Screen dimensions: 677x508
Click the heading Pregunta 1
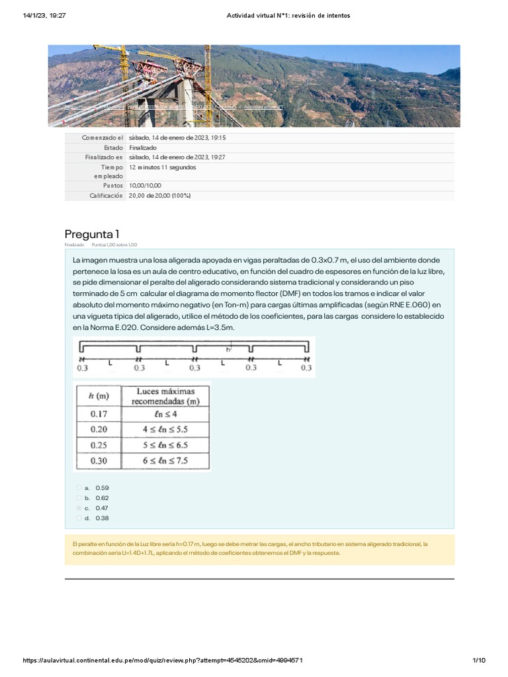click(91, 234)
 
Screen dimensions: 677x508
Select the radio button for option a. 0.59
click(79, 487)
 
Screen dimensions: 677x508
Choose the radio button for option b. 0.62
click(79, 497)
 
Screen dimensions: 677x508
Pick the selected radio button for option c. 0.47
click(79, 508)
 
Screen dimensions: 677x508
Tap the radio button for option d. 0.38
click(79, 518)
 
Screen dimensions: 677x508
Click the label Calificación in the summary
click(106, 196)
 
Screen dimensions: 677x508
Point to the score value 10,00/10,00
click(145, 186)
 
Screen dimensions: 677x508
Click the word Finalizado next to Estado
click(144, 147)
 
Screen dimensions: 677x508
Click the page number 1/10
click(480, 660)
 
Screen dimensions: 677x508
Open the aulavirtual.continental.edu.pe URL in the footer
click(163, 660)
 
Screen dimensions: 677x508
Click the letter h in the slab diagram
click(228, 349)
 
